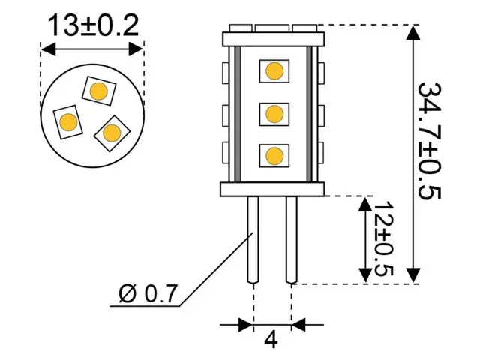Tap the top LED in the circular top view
click(x=97, y=91)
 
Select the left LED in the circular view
click(x=68, y=121)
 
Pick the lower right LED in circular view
click(x=112, y=133)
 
